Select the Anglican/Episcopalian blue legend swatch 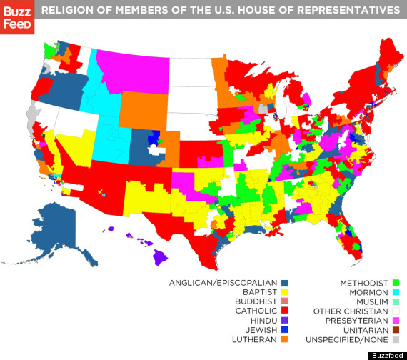283,283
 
